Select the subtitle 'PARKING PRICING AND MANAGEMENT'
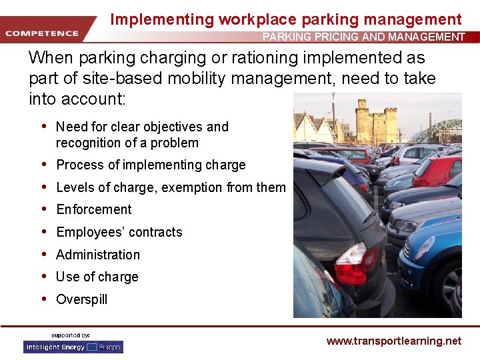[x=363, y=37]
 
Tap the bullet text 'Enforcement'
[x=94, y=209]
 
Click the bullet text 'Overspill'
[x=81, y=299]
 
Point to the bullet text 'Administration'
[x=98, y=255]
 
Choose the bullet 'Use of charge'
[x=97, y=277]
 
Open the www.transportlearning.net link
[x=393, y=341]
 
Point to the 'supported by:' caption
[x=71, y=335]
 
